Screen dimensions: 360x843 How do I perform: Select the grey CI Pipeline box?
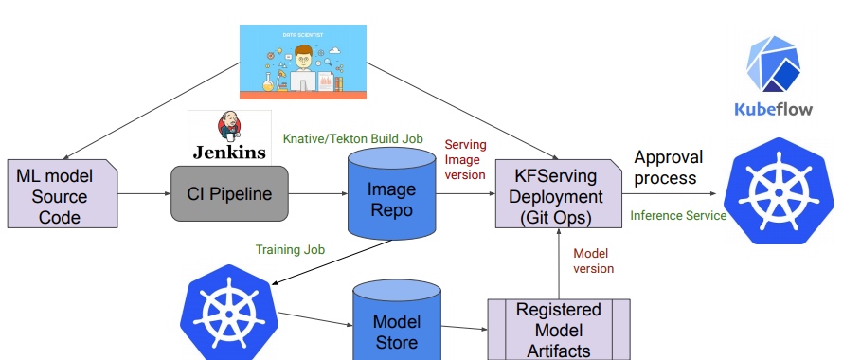pos(228,195)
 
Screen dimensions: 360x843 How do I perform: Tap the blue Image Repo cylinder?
pos(390,197)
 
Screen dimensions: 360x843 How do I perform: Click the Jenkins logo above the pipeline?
pos(228,137)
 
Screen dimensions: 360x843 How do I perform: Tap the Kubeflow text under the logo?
pos(774,109)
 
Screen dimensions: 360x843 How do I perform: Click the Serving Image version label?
pos(465,159)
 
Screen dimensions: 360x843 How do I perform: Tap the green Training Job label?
pos(290,250)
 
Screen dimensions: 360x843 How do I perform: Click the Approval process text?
pos(671,167)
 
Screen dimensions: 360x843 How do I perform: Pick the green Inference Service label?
pos(678,216)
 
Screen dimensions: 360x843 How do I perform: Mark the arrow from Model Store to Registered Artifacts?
pos(463,329)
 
